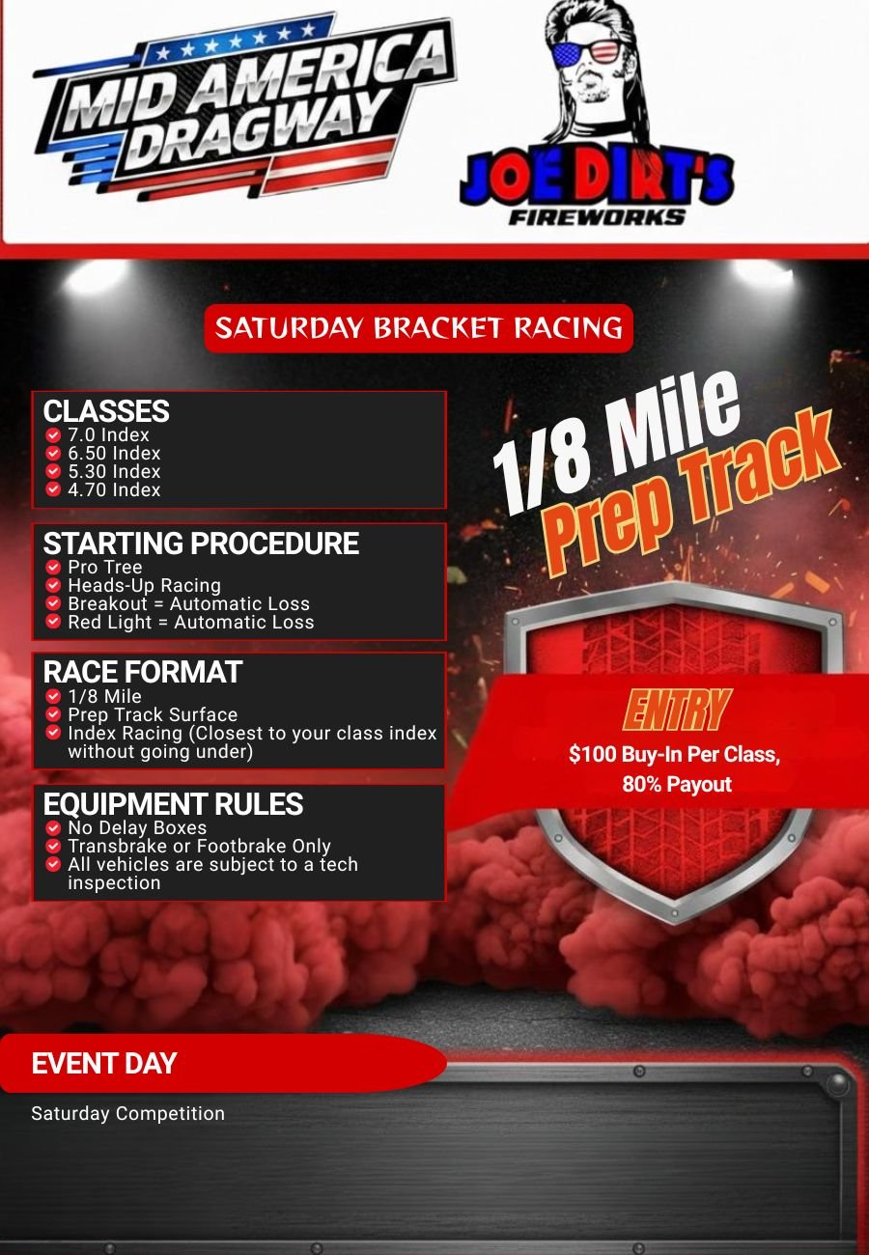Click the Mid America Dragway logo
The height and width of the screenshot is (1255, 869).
click(x=245, y=106)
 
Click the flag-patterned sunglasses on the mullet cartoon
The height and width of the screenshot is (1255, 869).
click(x=586, y=54)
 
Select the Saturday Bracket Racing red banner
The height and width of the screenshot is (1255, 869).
click(x=418, y=328)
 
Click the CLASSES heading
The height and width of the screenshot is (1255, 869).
click(x=106, y=410)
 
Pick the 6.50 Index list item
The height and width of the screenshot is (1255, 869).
click(x=114, y=453)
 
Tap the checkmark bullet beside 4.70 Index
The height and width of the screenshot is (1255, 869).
click(x=53, y=489)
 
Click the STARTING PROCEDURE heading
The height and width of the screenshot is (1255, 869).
click(x=201, y=543)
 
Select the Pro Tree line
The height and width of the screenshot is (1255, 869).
click(x=105, y=567)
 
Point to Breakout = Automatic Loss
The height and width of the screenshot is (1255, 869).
click(x=189, y=603)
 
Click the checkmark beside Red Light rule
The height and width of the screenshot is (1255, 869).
click(x=53, y=622)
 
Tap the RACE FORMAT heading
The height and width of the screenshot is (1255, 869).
click(x=143, y=672)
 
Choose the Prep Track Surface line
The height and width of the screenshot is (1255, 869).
click(x=153, y=714)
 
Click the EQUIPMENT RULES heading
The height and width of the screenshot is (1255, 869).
click(x=173, y=803)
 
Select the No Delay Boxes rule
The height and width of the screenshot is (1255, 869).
click(x=137, y=827)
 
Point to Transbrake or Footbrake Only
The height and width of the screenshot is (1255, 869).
click(x=200, y=846)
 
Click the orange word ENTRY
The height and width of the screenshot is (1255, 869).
click(x=677, y=710)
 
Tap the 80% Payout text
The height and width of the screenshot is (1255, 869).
click(x=677, y=784)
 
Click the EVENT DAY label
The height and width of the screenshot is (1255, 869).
click(x=104, y=1063)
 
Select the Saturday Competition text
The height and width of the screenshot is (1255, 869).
click(x=127, y=1113)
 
